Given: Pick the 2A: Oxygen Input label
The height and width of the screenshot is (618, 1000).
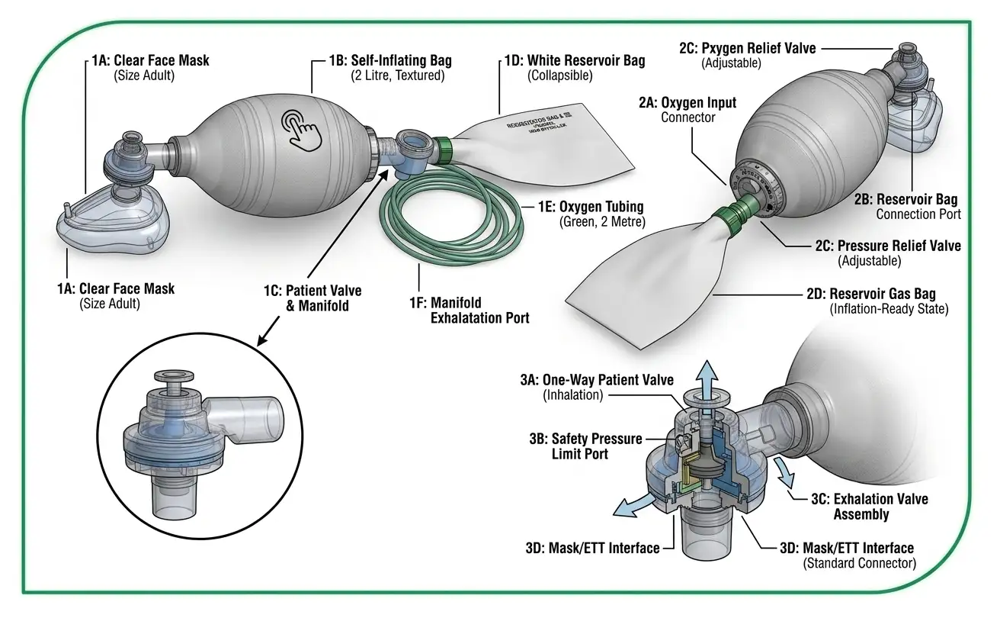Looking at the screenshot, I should (x=688, y=103).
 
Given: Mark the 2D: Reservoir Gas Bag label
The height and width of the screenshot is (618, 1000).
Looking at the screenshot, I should (x=883, y=294).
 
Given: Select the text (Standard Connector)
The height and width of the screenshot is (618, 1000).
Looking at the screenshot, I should (x=860, y=563).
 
